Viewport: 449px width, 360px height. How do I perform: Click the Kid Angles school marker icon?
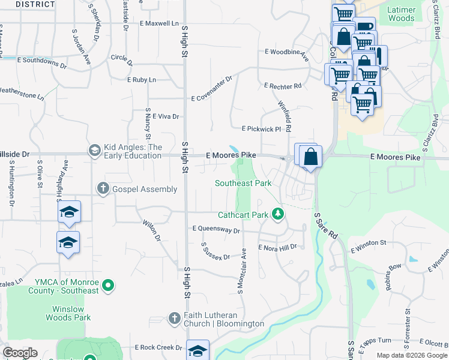tap(94, 150)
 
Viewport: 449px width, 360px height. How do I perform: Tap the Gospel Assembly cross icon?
tap(103, 189)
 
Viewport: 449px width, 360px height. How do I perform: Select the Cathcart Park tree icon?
tap(277, 214)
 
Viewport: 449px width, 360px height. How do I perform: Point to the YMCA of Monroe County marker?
tap(108, 286)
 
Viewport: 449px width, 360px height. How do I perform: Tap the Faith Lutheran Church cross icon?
tap(174, 318)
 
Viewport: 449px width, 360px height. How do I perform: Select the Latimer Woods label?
tap(401, 14)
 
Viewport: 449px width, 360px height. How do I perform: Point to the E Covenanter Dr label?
tap(211, 88)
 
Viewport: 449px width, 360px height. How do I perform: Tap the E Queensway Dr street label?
tap(216, 230)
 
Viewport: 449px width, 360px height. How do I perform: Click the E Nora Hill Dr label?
tap(277, 247)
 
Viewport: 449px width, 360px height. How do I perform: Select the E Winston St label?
tap(368, 243)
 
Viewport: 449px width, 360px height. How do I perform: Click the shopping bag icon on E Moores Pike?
tap(311, 157)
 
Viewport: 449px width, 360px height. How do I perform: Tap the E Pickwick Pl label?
tap(261, 129)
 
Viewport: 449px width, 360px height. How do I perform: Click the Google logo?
tap(20, 353)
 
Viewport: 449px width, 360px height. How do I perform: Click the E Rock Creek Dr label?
tap(158, 347)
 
